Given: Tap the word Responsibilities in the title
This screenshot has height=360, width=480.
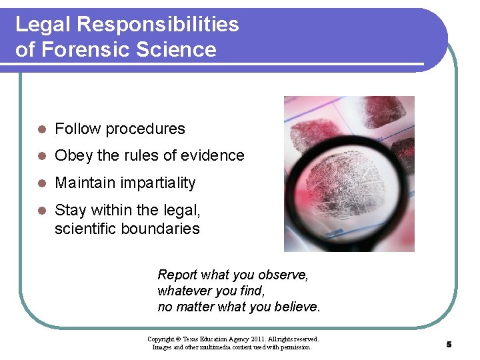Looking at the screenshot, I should coord(157,25).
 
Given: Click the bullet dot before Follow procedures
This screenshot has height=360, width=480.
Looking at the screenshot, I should coord(41,129).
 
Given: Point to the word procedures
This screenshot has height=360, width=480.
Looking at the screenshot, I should coord(145,129).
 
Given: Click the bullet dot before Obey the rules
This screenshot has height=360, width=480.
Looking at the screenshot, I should coord(41,156).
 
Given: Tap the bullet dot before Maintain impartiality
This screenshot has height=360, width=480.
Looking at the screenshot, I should coord(41,183).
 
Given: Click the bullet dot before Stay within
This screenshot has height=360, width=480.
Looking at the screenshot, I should coord(41,211).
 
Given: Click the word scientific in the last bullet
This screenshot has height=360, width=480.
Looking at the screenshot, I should coord(85,229).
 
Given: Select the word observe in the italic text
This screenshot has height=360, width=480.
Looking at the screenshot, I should coord(285,275).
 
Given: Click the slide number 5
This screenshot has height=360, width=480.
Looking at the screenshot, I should coord(449,344).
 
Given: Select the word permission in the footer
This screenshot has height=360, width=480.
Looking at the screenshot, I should coord(295,347).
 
